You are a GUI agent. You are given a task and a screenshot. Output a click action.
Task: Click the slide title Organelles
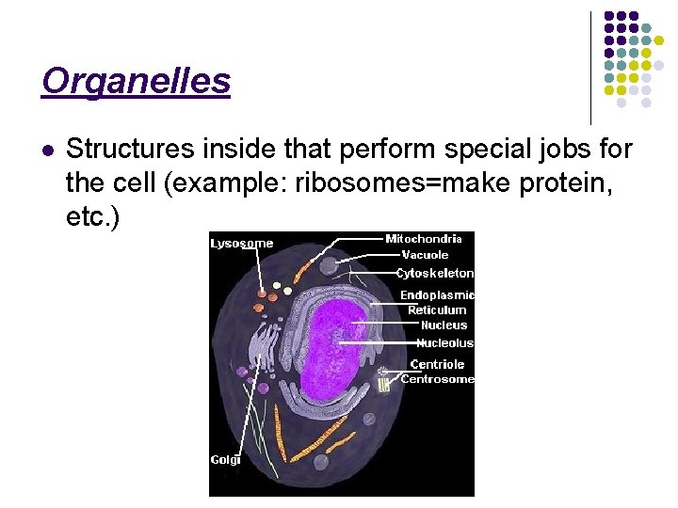pos(136,82)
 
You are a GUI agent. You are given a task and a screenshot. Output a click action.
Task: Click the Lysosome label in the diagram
pos(241,244)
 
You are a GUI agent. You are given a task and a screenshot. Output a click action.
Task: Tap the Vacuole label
pos(425,255)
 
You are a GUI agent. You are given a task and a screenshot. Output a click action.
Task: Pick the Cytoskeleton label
pos(434,274)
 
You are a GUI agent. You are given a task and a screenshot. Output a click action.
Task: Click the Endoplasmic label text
pos(437,295)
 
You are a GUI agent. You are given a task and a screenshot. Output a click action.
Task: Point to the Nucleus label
pos(444,325)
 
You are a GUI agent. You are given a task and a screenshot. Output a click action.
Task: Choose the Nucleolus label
pos(444,343)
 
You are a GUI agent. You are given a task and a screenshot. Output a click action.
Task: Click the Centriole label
pos(437,364)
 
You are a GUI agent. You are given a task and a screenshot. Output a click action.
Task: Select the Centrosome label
pos(437,379)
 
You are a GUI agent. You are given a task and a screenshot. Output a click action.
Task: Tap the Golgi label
pos(225,460)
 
